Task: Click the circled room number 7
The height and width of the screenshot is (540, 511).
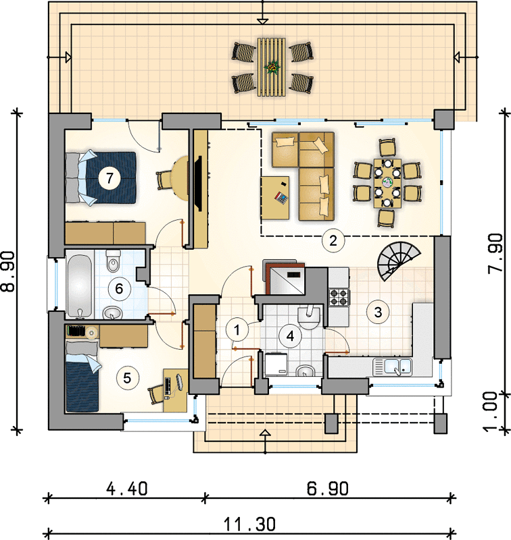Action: tap(109, 178)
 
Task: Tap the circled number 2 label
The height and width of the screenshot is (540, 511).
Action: tap(333, 240)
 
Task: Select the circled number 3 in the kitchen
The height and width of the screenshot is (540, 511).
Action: tap(379, 312)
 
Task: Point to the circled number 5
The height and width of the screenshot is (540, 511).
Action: tap(127, 378)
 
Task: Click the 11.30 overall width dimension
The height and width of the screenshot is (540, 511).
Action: tap(250, 524)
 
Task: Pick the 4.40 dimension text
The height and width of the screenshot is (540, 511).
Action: tap(127, 489)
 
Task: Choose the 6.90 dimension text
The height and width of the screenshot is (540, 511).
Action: tap(328, 489)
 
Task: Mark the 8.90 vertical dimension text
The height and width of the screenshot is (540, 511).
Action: tap(9, 271)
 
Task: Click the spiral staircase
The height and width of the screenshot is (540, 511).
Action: tap(398, 261)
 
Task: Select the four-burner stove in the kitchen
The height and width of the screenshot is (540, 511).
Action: tap(339, 298)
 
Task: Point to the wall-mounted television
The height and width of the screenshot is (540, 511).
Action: tap(198, 183)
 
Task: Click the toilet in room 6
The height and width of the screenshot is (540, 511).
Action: tap(113, 261)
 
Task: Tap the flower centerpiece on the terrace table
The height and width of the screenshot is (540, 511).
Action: tap(272, 66)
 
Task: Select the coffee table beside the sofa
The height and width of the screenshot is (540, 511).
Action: tap(275, 198)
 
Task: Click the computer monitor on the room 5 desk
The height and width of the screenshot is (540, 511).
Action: tap(179, 381)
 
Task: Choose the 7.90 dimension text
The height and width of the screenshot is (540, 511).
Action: tap(495, 254)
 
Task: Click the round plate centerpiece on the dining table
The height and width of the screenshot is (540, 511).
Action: tap(387, 182)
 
